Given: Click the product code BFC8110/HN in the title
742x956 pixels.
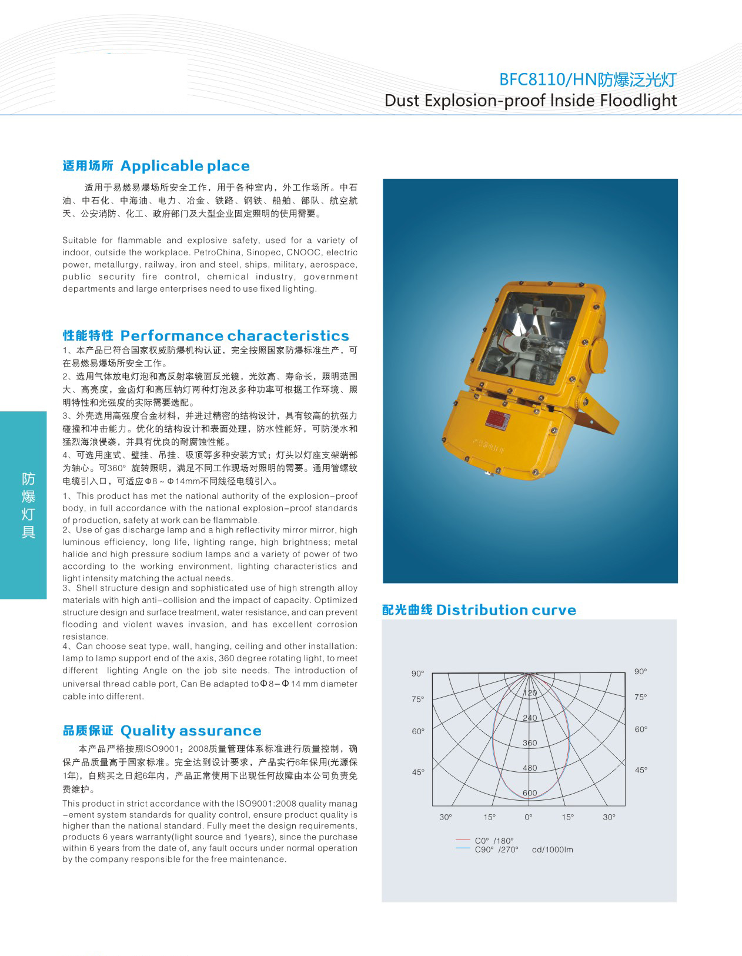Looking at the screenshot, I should (547, 79).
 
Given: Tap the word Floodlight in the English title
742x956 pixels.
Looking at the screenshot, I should (638, 100).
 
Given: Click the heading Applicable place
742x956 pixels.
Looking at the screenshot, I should (185, 166).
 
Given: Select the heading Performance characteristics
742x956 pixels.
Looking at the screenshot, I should (235, 336).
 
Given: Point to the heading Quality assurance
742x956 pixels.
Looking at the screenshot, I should (190, 731).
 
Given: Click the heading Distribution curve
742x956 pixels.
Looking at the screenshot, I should (506, 610).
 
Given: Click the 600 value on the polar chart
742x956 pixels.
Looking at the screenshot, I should (530, 793).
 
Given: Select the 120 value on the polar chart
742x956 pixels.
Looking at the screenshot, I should (530, 693).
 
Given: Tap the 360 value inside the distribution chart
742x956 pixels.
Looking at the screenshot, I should (530, 743).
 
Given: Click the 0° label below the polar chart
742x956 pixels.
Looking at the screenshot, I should (529, 817).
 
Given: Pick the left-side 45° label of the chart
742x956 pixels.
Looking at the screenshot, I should (417, 772).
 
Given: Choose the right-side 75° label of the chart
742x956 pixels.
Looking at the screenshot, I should (640, 697).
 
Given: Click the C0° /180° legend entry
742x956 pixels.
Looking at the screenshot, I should (494, 841).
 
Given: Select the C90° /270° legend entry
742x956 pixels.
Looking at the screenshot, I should (496, 850).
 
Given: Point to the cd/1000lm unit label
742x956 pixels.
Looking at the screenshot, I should (552, 850).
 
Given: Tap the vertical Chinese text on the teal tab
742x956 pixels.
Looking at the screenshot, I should (28, 505).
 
